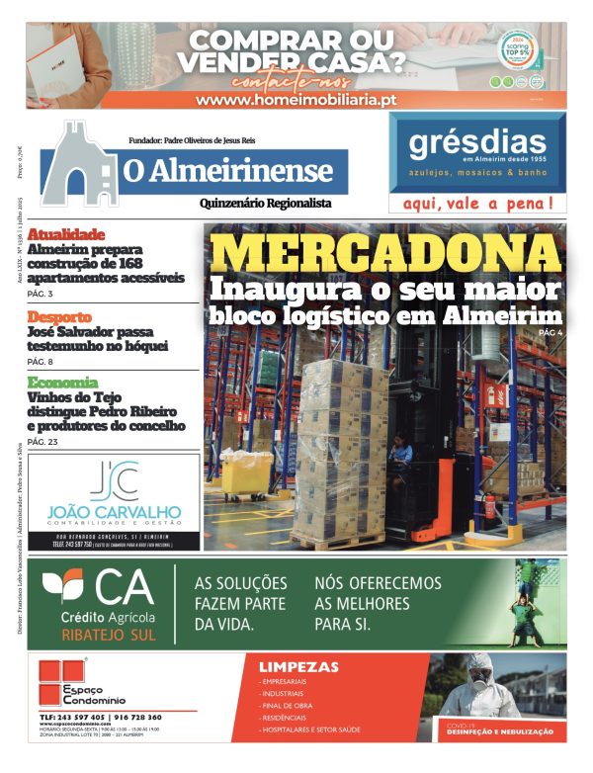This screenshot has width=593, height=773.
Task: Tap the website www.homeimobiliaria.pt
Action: (x=296, y=100)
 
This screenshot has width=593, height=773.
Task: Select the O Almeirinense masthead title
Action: (x=227, y=170)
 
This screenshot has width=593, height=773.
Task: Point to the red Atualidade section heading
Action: (x=66, y=233)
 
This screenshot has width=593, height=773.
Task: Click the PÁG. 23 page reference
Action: (x=42, y=442)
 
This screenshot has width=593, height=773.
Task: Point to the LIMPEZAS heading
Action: (x=297, y=667)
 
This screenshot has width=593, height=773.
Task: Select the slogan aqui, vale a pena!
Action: (x=477, y=205)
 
